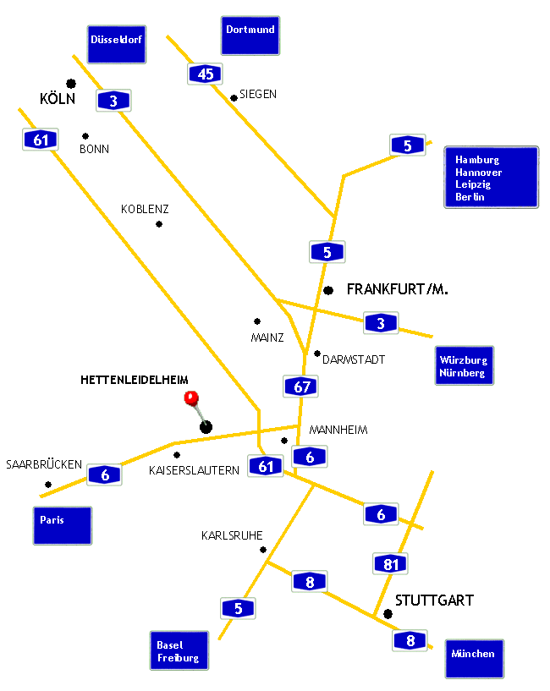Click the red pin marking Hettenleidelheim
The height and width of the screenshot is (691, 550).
(191, 398)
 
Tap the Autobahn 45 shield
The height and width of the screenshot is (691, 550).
(205, 74)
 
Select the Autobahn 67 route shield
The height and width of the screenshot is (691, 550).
(300, 387)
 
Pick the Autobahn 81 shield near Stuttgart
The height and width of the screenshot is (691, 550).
(390, 563)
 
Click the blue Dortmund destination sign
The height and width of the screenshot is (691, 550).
(250, 36)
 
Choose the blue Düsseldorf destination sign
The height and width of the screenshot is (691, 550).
(117, 45)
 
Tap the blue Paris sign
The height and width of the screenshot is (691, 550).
(63, 526)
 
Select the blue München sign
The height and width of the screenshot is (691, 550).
(475, 659)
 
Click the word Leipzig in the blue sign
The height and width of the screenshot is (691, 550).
(473, 184)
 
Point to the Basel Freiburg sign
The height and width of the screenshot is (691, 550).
(179, 650)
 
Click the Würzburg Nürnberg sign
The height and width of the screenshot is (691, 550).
(464, 365)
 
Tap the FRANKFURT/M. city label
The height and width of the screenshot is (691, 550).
(398, 289)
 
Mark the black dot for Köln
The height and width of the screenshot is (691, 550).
(71, 83)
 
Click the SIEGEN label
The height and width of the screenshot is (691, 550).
(258, 95)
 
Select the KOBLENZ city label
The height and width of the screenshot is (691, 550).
(145, 209)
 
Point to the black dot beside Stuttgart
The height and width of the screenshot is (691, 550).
(388, 614)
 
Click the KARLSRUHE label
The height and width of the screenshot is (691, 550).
(232, 535)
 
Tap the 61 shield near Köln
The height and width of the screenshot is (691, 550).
(41, 140)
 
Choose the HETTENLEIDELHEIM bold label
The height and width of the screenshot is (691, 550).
(134, 380)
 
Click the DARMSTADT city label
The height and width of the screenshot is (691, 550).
(354, 359)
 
